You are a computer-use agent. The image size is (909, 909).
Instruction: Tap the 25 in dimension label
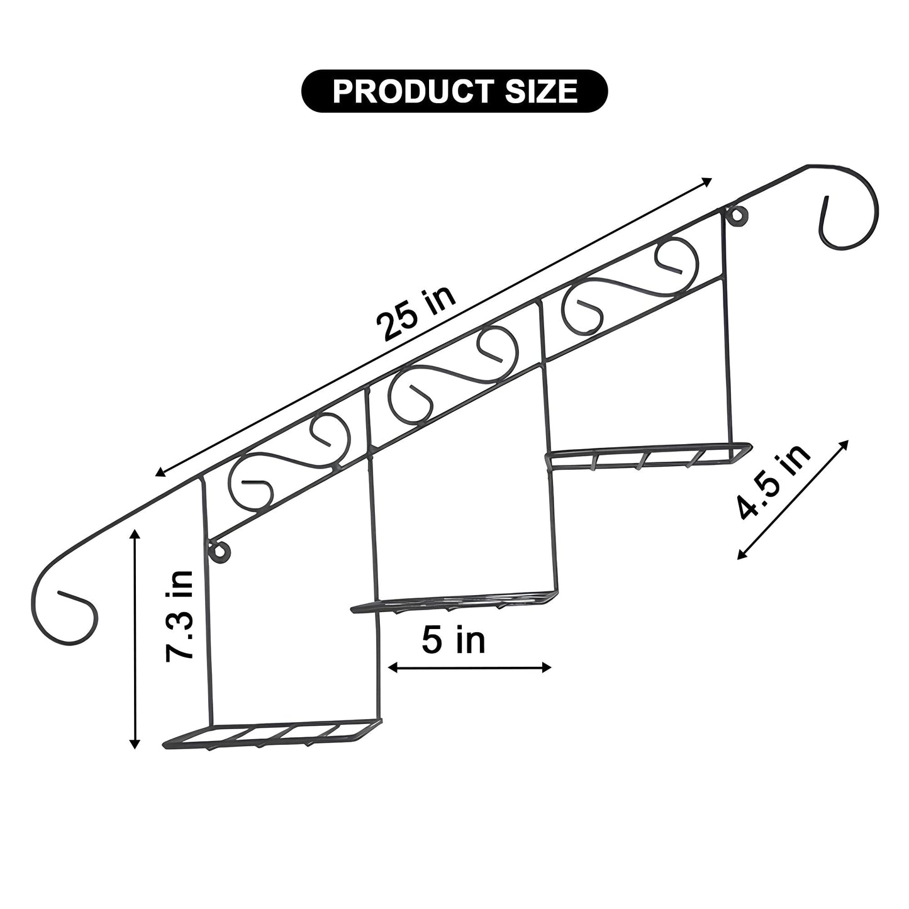(x=415, y=314)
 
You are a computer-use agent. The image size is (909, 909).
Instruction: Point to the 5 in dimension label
(x=454, y=640)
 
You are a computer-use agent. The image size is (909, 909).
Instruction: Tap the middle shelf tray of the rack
(x=454, y=601)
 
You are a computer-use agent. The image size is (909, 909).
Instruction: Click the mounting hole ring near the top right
(x=737, y=216)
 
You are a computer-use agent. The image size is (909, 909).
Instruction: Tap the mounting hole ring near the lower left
(x=221, y=551)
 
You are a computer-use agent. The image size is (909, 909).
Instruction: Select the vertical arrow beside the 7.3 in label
(x=134, y=639)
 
